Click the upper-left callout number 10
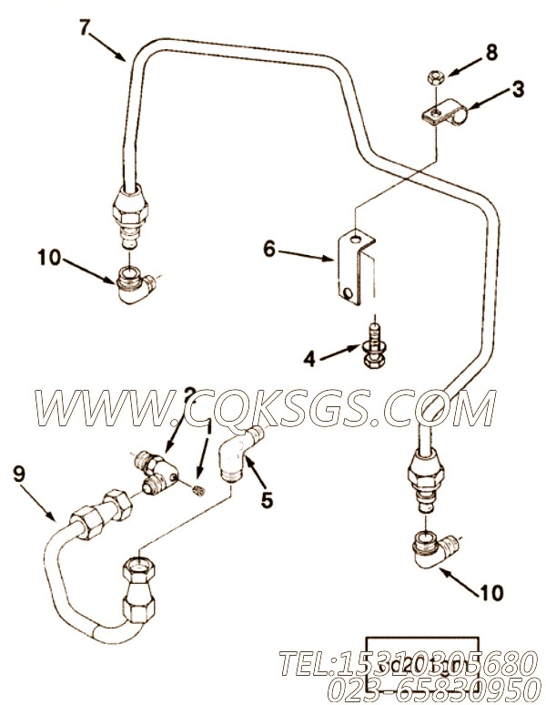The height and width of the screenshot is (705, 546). [48, 259]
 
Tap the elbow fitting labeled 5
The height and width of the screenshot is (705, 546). [238, 456]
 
